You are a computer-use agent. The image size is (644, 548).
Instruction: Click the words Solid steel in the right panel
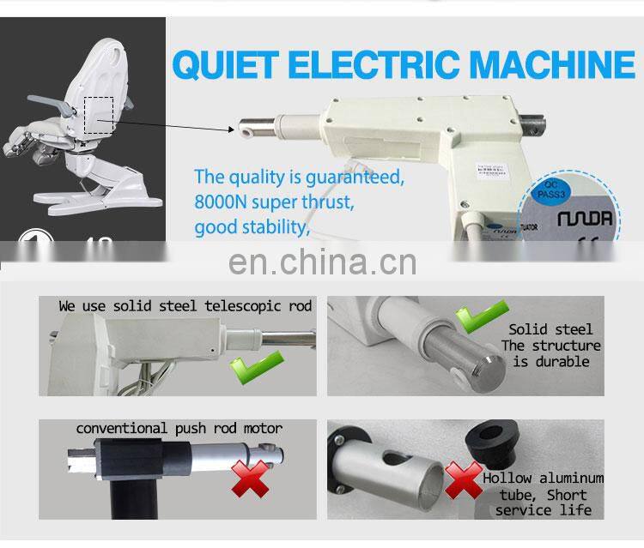click(x=550, y=329)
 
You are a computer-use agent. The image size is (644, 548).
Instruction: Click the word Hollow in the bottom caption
click(x=507, y=479)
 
